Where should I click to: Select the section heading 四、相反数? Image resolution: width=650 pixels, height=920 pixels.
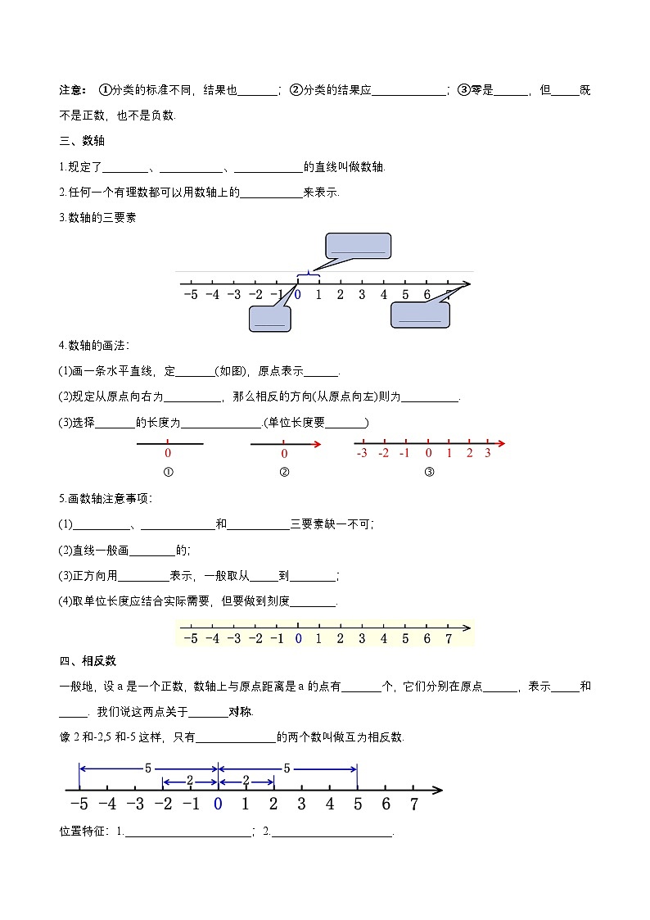pyautogui.click(x=83, y=661)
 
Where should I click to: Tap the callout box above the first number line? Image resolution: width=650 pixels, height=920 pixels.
pyautogui.click(x=358, y=246)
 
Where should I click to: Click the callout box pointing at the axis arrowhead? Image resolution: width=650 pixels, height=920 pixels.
pyautogui.click(x=420, y=315)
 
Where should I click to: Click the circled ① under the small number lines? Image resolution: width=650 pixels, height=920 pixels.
pyautogui.click(x=168, y=472)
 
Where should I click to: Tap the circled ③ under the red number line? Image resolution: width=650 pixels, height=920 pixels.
pyautogui.click(x=428, y=472)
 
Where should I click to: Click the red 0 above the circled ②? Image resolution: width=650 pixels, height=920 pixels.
pyautogui.click(x=284, y=454)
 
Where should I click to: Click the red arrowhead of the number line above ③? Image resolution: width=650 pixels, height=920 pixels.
pyautogui.click(x=501, y=443)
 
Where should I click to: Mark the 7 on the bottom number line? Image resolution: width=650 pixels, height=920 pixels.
pyautogui.click(x=414, y=804)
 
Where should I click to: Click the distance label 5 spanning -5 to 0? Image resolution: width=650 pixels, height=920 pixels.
pyautogui.click(x=148, y=768)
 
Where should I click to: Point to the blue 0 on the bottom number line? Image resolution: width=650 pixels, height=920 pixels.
pyautogui.click(x=218, y=804)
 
